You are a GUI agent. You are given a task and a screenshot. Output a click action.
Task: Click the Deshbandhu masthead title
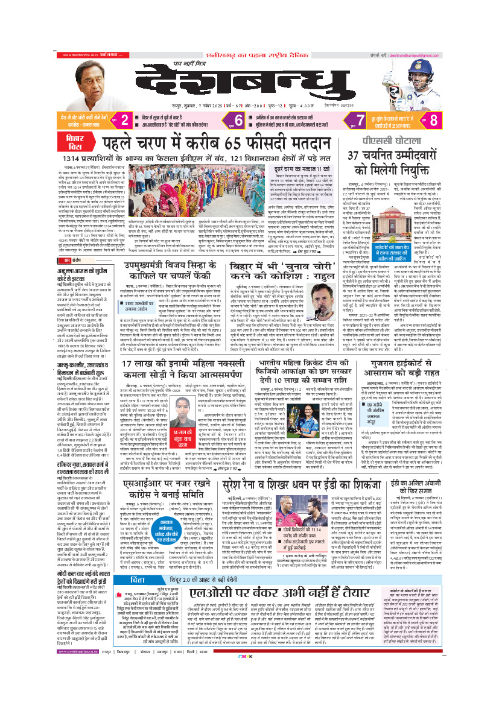pyautogui.click(x=249, y=75)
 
